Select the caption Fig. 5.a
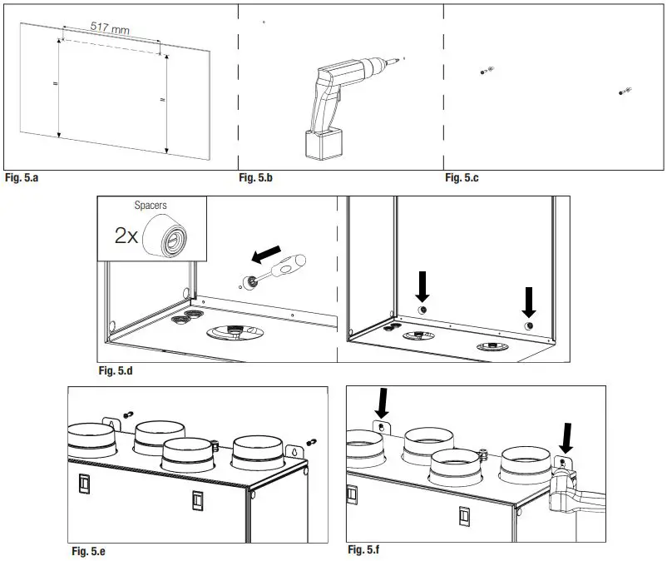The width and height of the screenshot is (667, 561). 22,177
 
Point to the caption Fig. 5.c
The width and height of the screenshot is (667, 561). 462,177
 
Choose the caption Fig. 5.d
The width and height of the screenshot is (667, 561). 116,370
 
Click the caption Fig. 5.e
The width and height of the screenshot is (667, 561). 87,551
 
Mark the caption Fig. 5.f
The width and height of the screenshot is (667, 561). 365,550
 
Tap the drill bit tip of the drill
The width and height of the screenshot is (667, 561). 403,58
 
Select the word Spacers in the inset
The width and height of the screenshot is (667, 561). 151,205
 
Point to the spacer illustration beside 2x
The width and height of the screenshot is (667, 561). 172,235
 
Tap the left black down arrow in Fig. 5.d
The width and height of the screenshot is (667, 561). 422,288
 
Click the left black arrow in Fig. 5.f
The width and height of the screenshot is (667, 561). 382,402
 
